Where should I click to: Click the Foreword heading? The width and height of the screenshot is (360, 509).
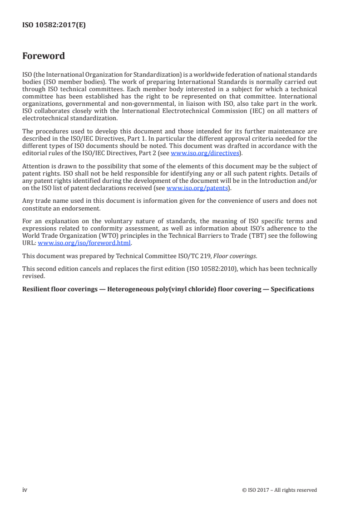tap(44, 56)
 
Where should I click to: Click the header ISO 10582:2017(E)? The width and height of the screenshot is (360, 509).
tap(54, 25)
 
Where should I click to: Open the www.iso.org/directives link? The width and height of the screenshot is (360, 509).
tap(205, 153)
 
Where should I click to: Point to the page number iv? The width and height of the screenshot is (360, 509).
tap(25, 490)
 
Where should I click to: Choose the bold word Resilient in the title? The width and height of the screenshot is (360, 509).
tap(36, 289)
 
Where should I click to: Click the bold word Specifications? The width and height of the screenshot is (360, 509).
tap(292, 289)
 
